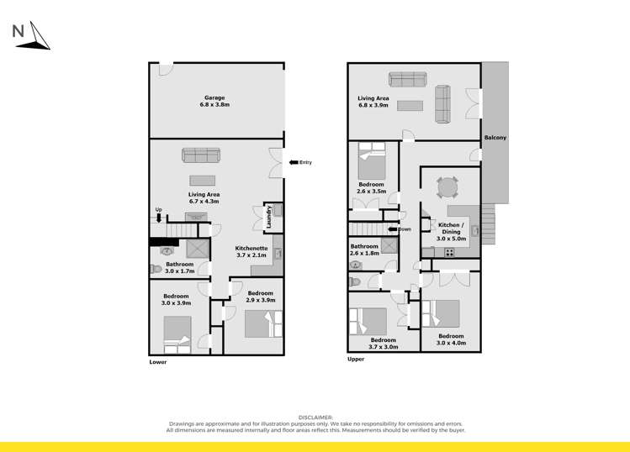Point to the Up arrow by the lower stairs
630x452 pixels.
coord(158,218)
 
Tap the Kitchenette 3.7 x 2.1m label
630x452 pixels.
coord(251,251)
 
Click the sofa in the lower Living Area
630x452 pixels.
coord(201,155)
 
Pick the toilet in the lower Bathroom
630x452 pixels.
coord(156,270)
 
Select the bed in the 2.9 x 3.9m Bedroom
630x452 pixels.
coord(258,323)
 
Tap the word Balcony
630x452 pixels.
coord(495,138)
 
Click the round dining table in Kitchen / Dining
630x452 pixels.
coord(448,186)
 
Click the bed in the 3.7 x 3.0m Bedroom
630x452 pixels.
coord(368,322)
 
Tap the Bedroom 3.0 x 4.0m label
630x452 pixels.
coord(450,339)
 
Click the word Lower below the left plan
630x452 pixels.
coord(158,362)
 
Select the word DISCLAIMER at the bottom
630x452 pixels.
coord(316,417)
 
